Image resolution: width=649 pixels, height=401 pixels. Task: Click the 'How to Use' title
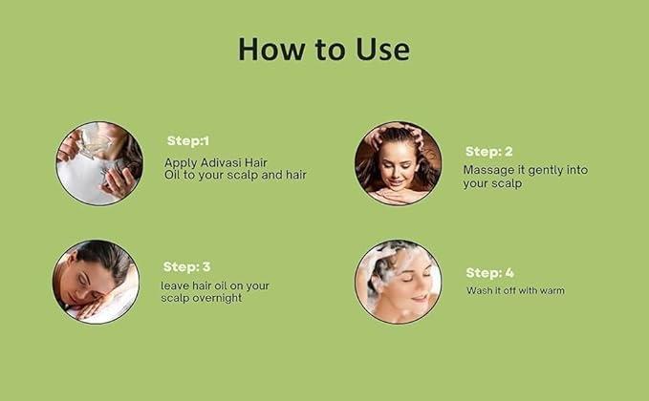coord(324,50)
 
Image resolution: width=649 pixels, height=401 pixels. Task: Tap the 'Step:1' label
coord(188,140)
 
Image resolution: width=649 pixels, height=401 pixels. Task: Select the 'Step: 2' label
coord(489,152)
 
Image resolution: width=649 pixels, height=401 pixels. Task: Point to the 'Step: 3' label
coord(187,267)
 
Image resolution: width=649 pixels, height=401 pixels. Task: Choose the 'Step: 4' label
coord(490,273)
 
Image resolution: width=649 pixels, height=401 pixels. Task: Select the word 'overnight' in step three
coord(219,298)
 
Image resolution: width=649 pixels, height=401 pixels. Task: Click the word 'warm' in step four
coord(552,290)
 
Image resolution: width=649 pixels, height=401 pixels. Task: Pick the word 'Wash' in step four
coord(477,290)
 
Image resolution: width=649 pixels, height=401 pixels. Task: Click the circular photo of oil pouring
coord(99,163)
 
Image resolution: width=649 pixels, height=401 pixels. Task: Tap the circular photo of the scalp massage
coord(399,163)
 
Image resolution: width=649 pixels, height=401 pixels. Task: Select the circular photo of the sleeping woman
coord(96,282)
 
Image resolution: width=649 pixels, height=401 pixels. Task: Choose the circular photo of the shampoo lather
coord(399,282)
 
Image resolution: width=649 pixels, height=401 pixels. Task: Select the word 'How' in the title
coord(270,50)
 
